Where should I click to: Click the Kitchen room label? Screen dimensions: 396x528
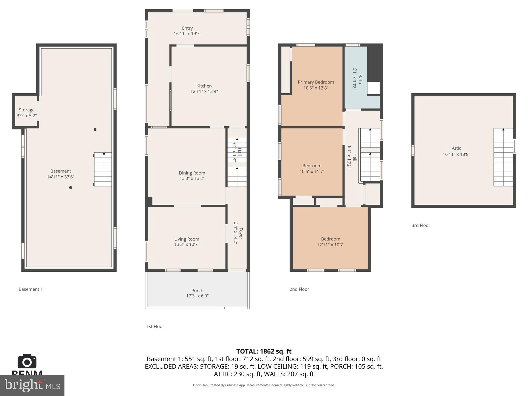tap(204, 86)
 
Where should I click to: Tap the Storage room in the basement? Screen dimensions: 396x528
tap(26, 113)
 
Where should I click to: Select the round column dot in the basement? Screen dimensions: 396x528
tap(70, 187)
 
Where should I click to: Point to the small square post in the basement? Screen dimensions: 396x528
tap(95, 129)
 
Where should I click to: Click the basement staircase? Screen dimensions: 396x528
tap(103, 169)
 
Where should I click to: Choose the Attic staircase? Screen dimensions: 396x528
tap(503, 157)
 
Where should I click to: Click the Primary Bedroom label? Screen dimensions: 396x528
tap(316, 82)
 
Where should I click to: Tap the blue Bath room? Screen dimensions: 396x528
tap(356, 77)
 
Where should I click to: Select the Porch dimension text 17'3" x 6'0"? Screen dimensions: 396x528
tap(197, 296)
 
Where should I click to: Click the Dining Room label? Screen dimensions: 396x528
tap(192, 173)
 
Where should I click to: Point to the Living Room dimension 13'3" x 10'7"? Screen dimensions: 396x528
tap(187, 244)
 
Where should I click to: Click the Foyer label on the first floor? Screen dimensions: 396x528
tap(241, 233)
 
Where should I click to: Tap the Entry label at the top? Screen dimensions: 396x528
tap(187, 28)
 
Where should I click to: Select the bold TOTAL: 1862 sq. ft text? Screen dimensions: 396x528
tap(264, 351)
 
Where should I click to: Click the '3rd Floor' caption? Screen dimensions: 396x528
tap(421, 225)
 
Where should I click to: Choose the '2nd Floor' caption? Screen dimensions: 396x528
tap(299, 289)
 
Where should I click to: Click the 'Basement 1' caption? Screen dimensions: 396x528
tap(30, 289)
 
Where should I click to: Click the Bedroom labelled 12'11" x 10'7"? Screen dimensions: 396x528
tap(331, 242)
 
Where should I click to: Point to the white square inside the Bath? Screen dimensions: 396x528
tap(373, 88)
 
